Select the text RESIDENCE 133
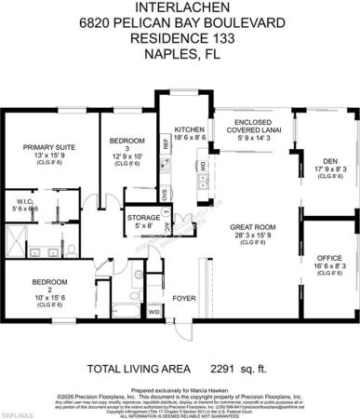pos(179,39)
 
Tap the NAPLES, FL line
pos(179,54)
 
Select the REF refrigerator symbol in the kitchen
pos(166,144)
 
